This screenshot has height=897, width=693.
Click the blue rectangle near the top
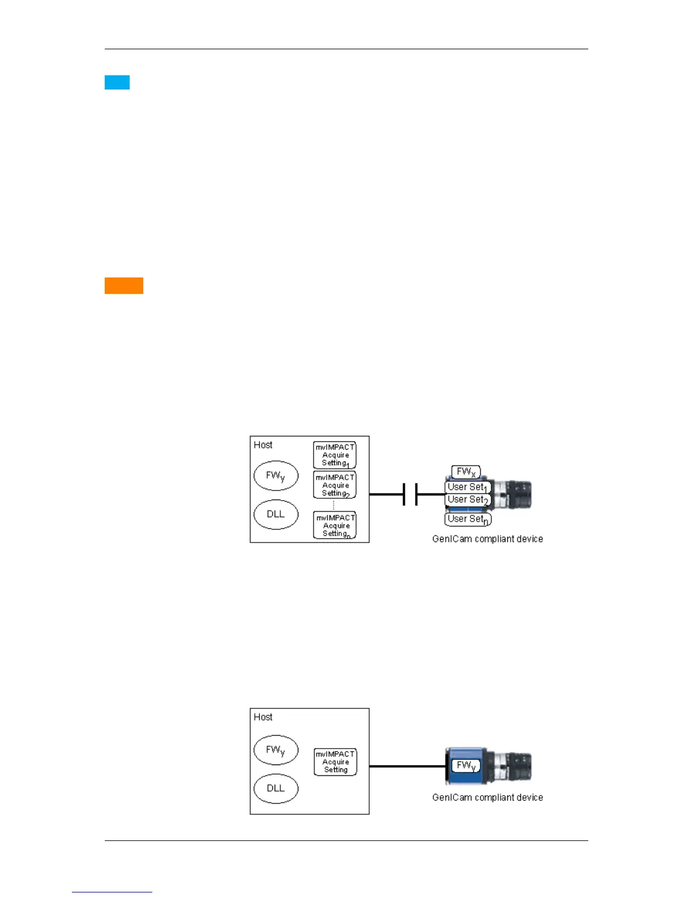(117, 83)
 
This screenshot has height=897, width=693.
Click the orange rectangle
(124, 285)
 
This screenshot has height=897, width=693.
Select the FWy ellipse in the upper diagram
(276, 476)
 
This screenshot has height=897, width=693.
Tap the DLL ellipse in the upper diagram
(276, 514)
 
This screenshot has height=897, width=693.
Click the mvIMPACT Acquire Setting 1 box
(335, 455)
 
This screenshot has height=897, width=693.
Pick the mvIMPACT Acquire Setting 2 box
(335, 485)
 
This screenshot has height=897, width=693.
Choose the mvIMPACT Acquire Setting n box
(335, 526)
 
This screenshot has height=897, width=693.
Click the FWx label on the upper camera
(466, 472)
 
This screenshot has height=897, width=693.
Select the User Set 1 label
(468, 487)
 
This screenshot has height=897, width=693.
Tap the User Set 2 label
(468, 499)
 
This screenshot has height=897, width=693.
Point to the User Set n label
(468, 519)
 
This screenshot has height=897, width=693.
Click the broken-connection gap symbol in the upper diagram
(410, 494)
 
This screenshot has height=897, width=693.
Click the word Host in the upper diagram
(263, 445)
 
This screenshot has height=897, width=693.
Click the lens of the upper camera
(519, 494)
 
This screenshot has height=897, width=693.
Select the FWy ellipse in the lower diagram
(276, 750)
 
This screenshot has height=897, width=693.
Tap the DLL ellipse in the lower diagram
(276, 788)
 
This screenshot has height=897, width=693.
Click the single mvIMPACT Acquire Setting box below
(336, 762)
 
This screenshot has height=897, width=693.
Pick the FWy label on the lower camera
(465, 766)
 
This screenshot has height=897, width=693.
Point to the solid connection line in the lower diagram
(408, 766)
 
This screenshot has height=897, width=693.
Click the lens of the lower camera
(519, 766)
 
